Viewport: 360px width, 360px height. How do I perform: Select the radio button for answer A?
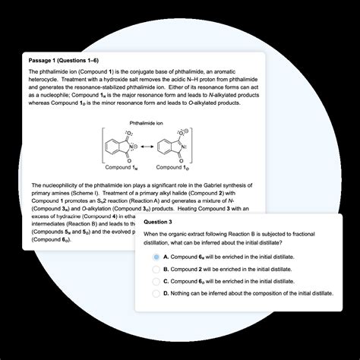click(156, 257)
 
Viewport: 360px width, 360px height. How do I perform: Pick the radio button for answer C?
click(156, 280)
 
